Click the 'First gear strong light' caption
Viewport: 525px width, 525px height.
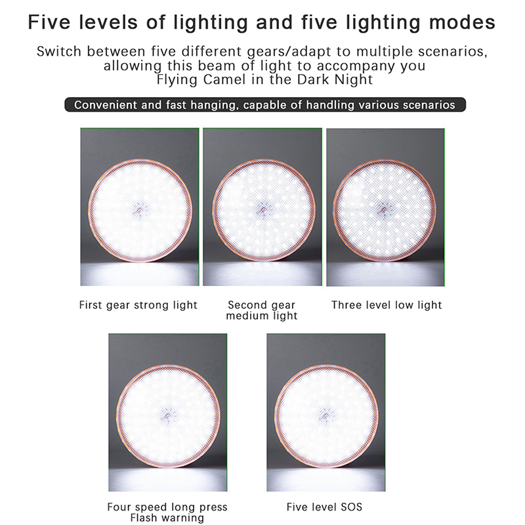(x=138, y=305)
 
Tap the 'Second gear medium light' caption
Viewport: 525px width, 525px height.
(x=261, y=310)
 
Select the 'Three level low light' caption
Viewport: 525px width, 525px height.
(x=387, y=305)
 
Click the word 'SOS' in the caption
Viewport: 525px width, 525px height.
(x=352, y=507)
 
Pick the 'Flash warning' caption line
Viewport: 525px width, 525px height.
(x=167, y=518)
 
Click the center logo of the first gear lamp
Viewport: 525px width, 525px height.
(x=139, y=210)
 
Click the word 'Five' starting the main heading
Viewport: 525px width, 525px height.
(x=49, y=22)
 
